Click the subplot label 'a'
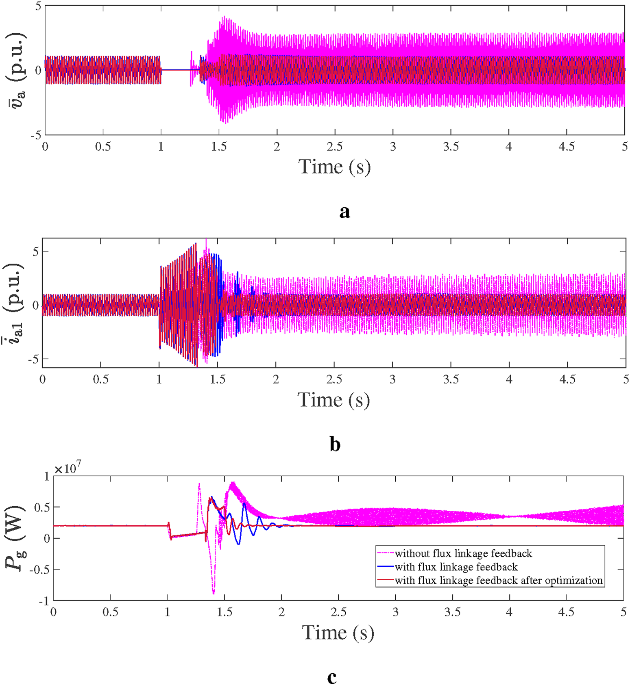coord(344,212)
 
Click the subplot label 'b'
coord(335,444)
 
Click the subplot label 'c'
coord(332,677)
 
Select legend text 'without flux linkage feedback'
coord(463,553)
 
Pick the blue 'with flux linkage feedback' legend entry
coord(456,567)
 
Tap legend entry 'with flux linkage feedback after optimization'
coord(498,580)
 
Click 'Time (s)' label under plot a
coord(334,167)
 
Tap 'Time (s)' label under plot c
coord(338,633)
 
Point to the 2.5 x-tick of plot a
coord(335,147)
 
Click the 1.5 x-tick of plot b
coord(218,380)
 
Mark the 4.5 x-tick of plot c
coord(566,612)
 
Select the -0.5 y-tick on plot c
coord(39,569)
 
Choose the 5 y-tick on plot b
coord(35,251)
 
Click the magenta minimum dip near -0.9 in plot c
coord(214,594)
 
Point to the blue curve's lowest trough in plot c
coord(239,544)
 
